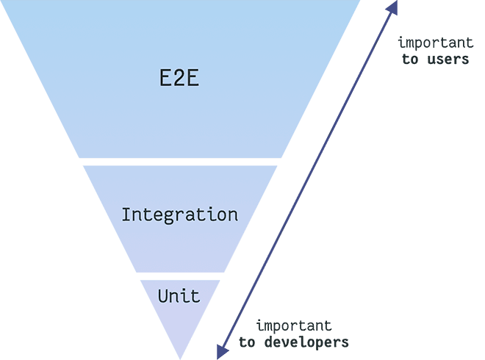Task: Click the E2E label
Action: click(x=179, y=79)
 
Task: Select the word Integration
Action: click(x=179, y=215)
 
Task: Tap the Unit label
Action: click(x=179, y=297)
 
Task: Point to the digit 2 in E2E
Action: click(x=179, y=79)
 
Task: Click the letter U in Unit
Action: click(x=163, y=297)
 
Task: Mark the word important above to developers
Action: click(x=293, y=325)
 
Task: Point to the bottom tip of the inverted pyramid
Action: click(x=180, y=357)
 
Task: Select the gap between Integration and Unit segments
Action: click(x=180, y=276)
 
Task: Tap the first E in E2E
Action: click(x=166, y=79)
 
